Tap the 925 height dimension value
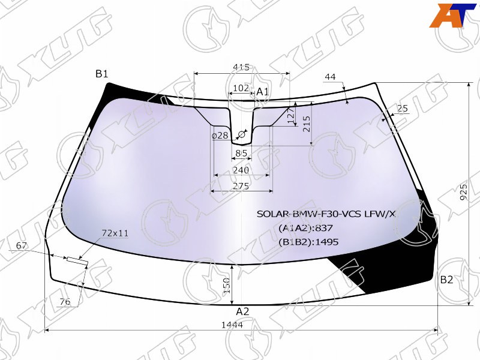coord(464,192)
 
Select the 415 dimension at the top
coord(241,67)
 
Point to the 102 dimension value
coord(241,88)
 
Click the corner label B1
coord(102,74)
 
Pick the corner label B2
coord(446,280)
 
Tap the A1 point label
coord(262,92)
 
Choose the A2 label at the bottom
coord(242,311)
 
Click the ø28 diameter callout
coord(220,136)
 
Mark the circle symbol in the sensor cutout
coord(242,134)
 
